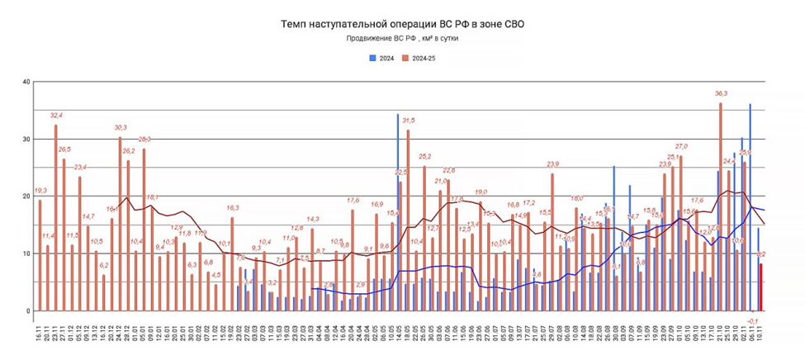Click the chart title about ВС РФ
point(402,25)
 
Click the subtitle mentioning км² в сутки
point(402,39)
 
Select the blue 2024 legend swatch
point(372,58)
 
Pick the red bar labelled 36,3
point(720,206)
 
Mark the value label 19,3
point(39,191)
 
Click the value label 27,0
point(681,146)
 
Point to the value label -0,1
point(752,320)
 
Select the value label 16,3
point(232,208)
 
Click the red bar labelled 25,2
point(424,239)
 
